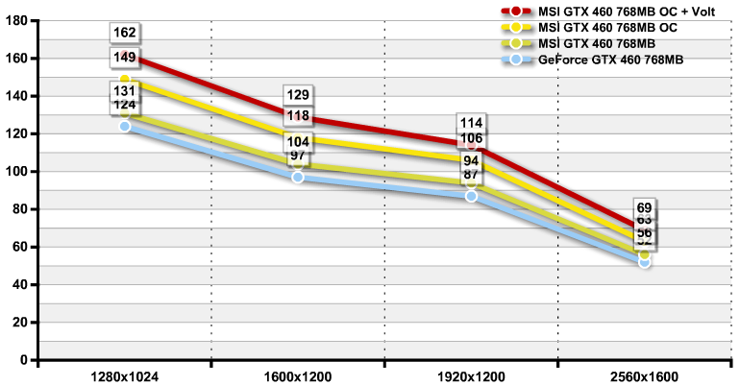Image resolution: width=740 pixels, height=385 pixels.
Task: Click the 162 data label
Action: click(125, 34)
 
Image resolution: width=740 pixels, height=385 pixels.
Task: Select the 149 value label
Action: click(125, 58)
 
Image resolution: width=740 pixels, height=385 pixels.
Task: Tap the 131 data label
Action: click(125, 90)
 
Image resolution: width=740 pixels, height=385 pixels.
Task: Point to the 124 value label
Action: click(125, 104)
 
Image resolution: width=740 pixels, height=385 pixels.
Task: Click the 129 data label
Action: click(298, 95)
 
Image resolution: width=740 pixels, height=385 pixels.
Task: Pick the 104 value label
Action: click(298, 141)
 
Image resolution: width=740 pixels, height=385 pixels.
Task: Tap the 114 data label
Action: click(471, 123)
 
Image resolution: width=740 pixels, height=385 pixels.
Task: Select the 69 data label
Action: click(645, 207)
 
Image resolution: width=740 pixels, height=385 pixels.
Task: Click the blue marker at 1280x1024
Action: click(125, 126)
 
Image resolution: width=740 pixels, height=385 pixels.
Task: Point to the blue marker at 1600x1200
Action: click(298, 177)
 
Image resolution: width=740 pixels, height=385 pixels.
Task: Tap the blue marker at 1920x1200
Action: click(471, 196)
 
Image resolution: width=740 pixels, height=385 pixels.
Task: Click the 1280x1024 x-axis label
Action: click(124, 374)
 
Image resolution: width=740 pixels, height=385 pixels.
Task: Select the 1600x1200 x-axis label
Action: click(298, 374)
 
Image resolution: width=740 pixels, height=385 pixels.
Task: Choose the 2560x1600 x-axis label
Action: click(644, 374)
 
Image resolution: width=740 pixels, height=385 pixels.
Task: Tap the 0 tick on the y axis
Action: click(25, 360)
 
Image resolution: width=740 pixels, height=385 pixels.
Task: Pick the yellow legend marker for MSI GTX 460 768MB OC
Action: click(516, 28)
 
